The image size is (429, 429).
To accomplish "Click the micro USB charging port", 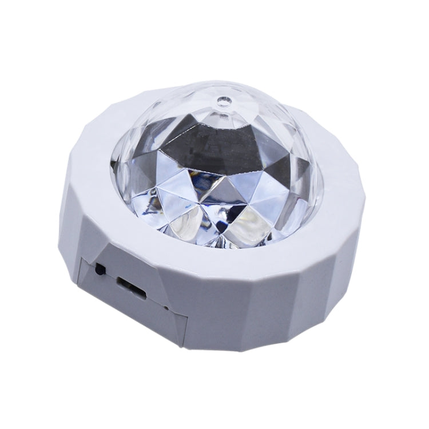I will click(132, 285).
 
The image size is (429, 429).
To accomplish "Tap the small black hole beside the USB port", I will click(101, 268).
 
